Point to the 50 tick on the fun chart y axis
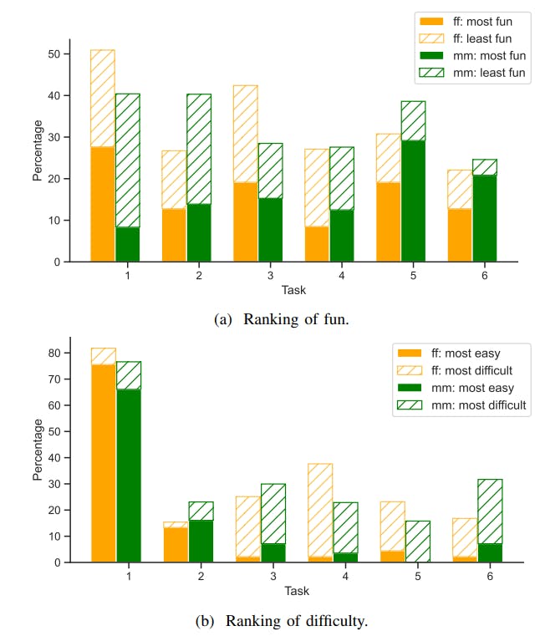[55, 54]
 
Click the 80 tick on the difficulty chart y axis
[55, 354]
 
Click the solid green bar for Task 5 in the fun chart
[413, 201]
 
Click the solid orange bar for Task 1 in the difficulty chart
[103, 464]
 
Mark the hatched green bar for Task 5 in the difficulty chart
[418, 542]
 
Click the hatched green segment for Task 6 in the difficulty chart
[490, 511]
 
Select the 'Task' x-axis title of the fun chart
[293, 291]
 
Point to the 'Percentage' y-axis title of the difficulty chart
[38, 450]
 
